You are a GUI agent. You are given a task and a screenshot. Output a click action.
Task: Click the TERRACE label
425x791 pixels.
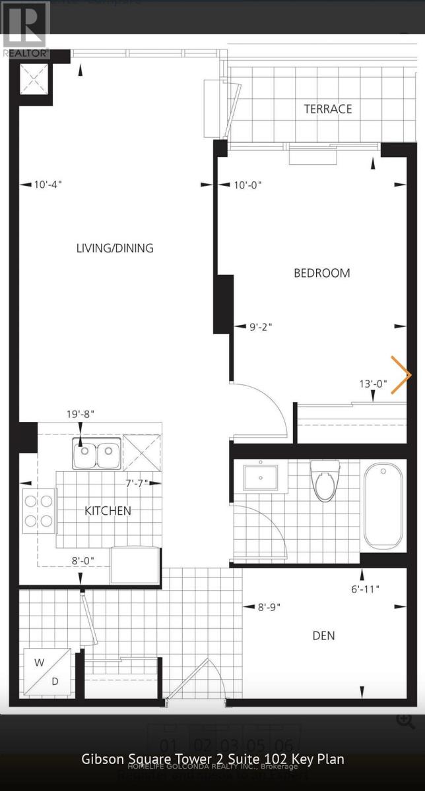point(327,109)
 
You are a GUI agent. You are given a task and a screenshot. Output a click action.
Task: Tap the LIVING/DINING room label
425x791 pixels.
point(115,249)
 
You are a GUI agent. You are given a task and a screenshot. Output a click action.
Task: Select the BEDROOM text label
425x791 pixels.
point(321,273)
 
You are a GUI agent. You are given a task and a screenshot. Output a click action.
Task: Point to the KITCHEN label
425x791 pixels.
point(108,511)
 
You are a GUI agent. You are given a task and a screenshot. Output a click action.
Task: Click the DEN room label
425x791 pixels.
point(323,635)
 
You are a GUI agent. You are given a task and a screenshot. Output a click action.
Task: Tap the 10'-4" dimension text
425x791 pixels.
point(48,185)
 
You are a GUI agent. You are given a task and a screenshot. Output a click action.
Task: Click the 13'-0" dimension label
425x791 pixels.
point(373,384)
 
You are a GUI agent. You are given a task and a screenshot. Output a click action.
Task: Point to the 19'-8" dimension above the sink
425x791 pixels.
point(81,414)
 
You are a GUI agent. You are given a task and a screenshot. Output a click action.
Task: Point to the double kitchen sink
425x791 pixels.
point(96,455)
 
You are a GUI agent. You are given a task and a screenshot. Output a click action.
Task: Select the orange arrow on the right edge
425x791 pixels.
point(401,375)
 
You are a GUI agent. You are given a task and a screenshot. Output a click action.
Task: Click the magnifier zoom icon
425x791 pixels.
point(405,720)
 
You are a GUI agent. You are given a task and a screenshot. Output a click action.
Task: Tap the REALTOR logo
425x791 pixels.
point(25,30)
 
